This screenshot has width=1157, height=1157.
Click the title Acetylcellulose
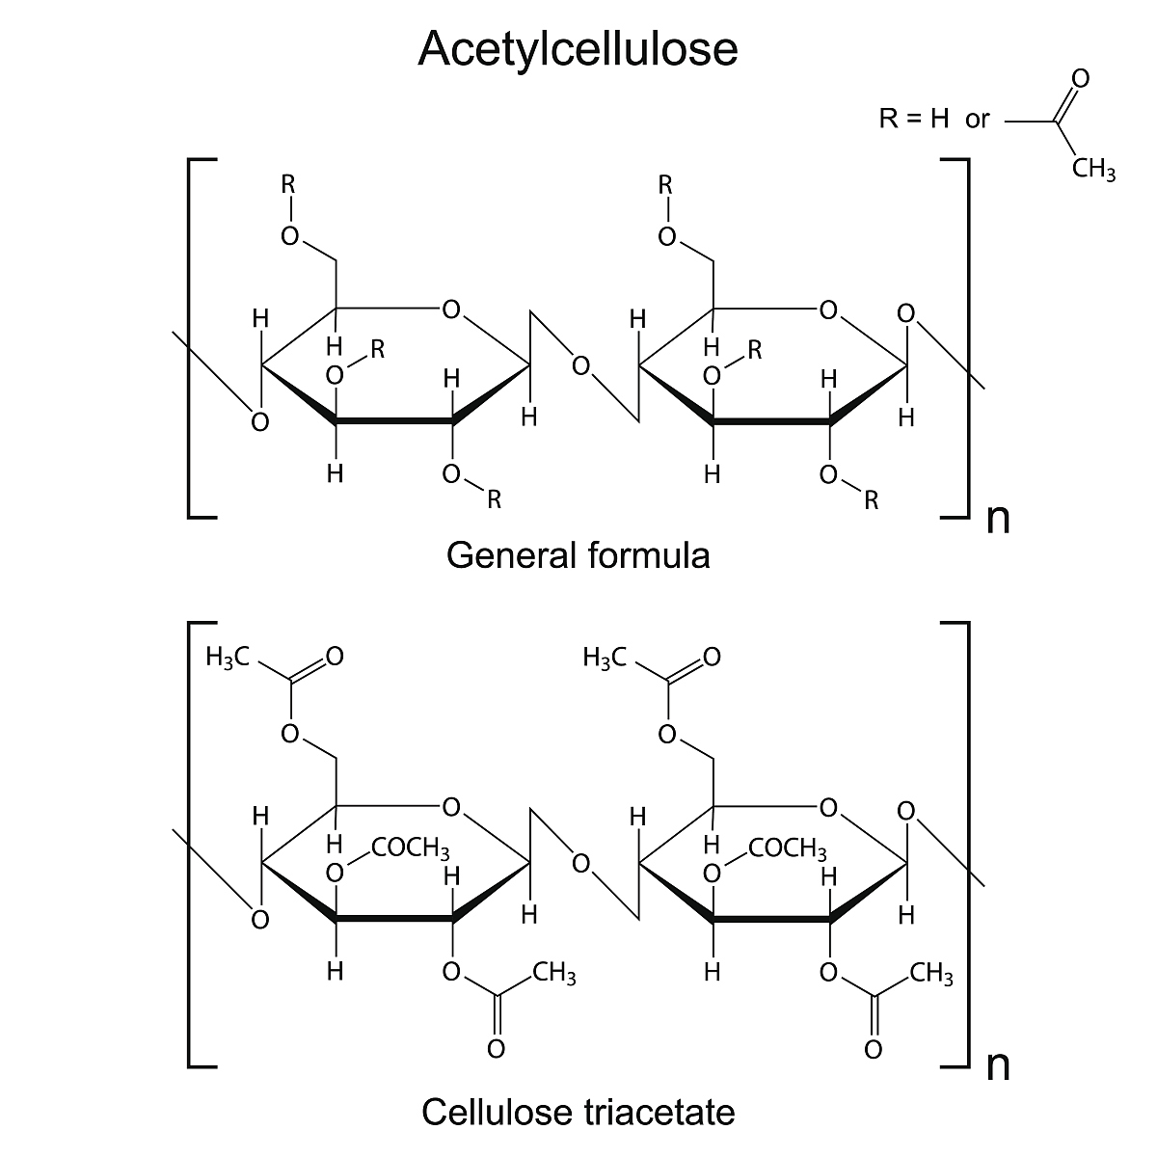578,49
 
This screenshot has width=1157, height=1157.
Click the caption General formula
578,555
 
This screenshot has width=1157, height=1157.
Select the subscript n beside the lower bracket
998,1066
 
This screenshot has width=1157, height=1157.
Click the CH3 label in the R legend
1093,173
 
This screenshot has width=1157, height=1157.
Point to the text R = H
914,120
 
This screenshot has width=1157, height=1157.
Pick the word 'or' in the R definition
978,120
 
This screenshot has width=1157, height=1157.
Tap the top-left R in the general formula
287,184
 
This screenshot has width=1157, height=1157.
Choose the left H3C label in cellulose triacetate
228,658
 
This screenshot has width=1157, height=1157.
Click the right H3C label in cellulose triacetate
605,658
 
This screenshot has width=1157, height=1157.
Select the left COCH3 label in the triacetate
411,848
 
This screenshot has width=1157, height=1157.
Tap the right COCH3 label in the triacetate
788,848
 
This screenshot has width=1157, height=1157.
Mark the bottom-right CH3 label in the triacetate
931,975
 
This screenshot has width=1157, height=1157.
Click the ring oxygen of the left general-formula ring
450,310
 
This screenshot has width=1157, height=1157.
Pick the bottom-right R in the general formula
871,499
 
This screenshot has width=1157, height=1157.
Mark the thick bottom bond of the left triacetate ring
394,919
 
